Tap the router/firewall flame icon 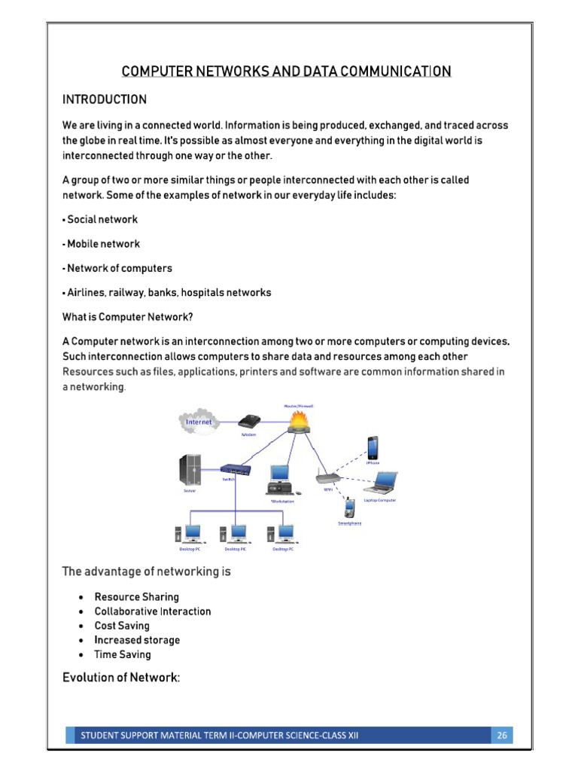click(x=299, y=423)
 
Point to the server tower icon click(x=190, y=471)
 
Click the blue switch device click(x=235, y=470)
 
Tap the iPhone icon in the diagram click(x=373, y=447)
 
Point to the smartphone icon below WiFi click(x=349, y=509)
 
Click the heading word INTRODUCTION click(x=104, y=100)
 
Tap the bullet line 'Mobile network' click(x=103, y=244)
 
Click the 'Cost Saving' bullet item click(x=122, y=626)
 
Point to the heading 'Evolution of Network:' click(x=120, y=678)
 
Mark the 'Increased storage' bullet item click(x=137, y=640)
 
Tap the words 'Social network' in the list click(x=102, y=220)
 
